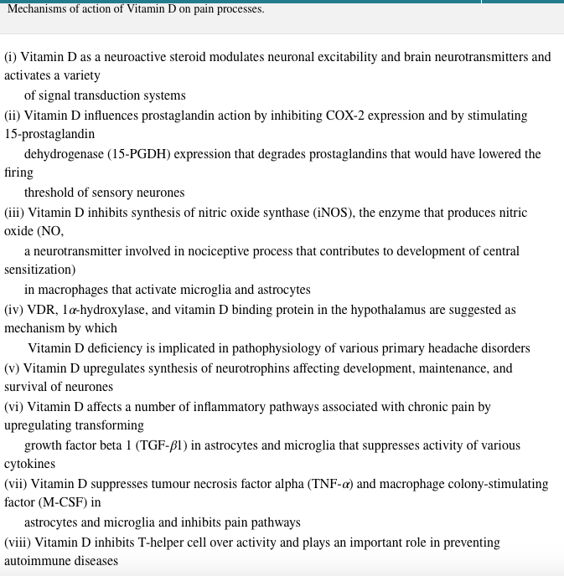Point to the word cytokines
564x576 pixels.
pyautogui.click(x=29, y=464)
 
